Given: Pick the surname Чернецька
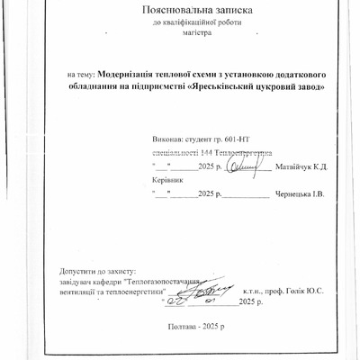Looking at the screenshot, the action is tap(299, 193).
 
